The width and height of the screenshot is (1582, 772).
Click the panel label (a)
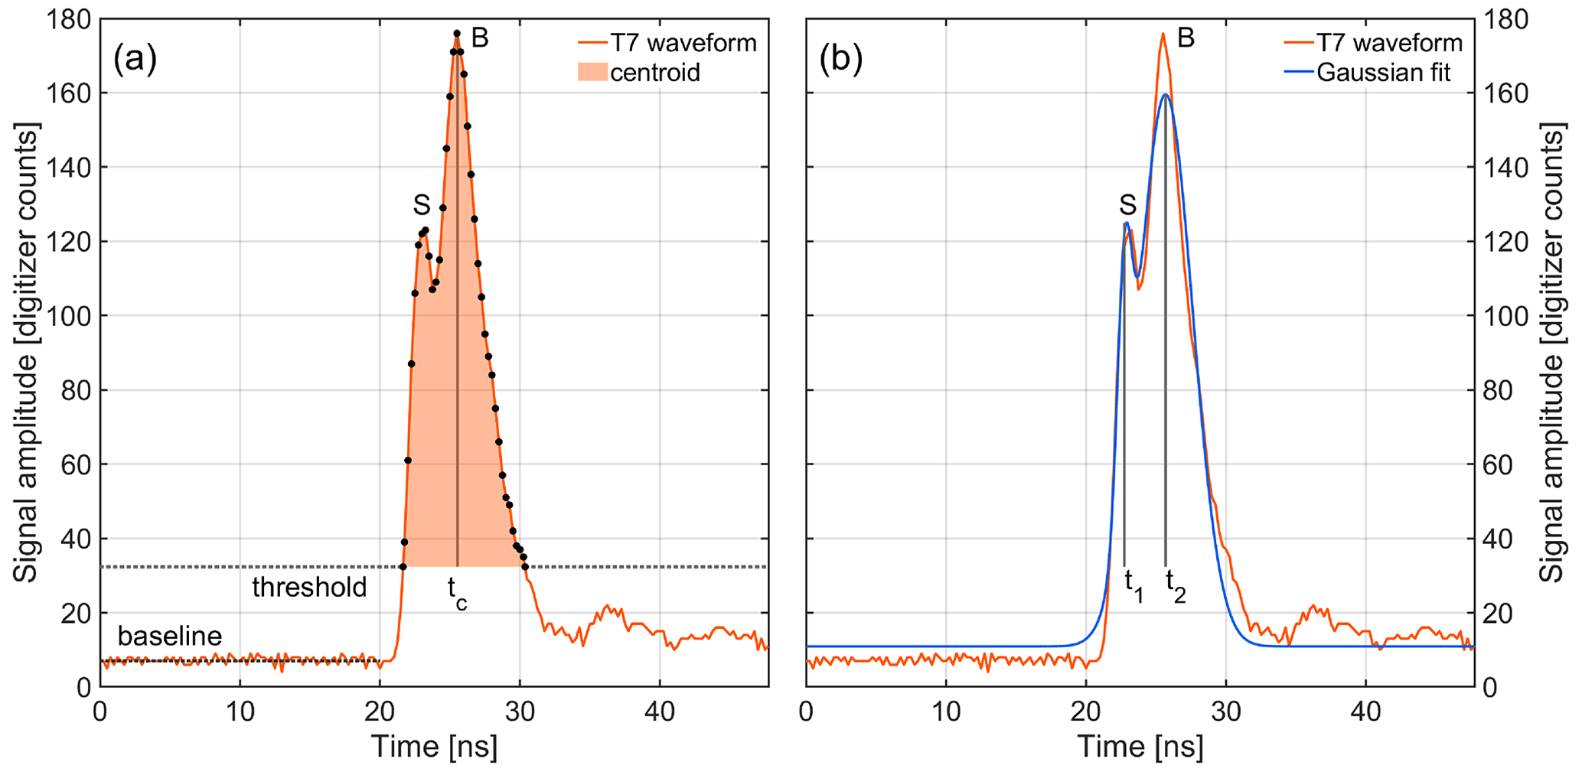[135, 60]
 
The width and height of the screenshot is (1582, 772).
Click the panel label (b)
[840, 60]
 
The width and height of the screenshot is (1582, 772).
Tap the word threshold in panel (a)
[309, 588]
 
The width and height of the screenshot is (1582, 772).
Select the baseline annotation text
[169, 636]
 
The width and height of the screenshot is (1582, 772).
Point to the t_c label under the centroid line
[457, 593]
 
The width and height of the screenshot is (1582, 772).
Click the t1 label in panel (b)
[1133, 585]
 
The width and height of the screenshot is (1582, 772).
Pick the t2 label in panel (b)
[1175, 585]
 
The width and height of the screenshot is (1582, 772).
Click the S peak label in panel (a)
[422, 205]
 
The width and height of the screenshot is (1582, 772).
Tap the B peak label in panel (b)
[1186, 38]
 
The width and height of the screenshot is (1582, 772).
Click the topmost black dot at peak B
[457, 34]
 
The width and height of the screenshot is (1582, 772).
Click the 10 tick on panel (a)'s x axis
[240, 712]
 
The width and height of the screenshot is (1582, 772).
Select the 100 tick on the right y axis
[1504, 316]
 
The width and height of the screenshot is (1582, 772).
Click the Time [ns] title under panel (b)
[1140, 746]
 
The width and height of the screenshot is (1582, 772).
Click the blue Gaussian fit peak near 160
[1166, 94]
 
